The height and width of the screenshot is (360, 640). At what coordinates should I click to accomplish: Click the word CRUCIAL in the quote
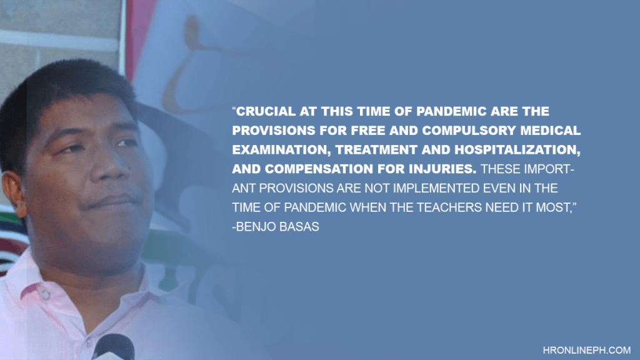point(266,111)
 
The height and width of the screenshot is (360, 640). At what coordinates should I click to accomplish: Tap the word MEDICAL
point(551,131)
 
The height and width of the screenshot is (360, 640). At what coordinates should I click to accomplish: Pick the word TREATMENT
point(376,150)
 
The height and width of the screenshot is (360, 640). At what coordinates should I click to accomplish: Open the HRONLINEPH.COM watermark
point(586,350)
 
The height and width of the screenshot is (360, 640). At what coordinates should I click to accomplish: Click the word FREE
point(367,131)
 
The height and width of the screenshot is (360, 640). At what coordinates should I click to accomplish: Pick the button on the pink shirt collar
point(45,294)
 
